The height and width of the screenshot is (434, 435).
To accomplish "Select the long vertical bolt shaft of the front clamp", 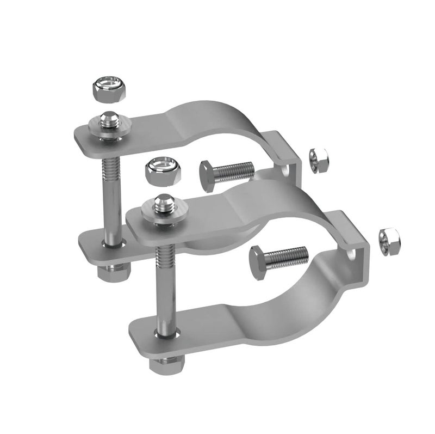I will coord(164,283).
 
